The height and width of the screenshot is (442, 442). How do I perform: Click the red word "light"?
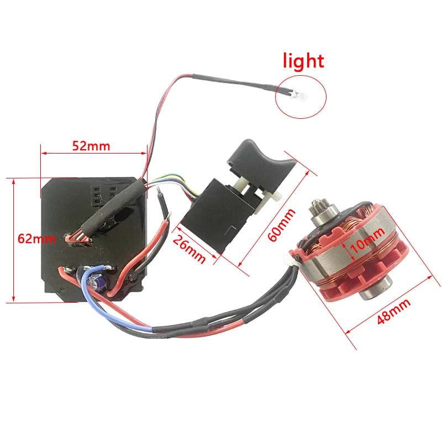[303, 61]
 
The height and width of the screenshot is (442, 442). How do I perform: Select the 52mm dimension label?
[91, 146]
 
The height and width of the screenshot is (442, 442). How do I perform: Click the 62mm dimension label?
[36, 239]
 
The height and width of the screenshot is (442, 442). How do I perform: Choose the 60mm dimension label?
[281, 225]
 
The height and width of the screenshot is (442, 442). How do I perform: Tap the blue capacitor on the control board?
[96, 281]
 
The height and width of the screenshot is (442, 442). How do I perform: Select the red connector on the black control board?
[78, 239]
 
